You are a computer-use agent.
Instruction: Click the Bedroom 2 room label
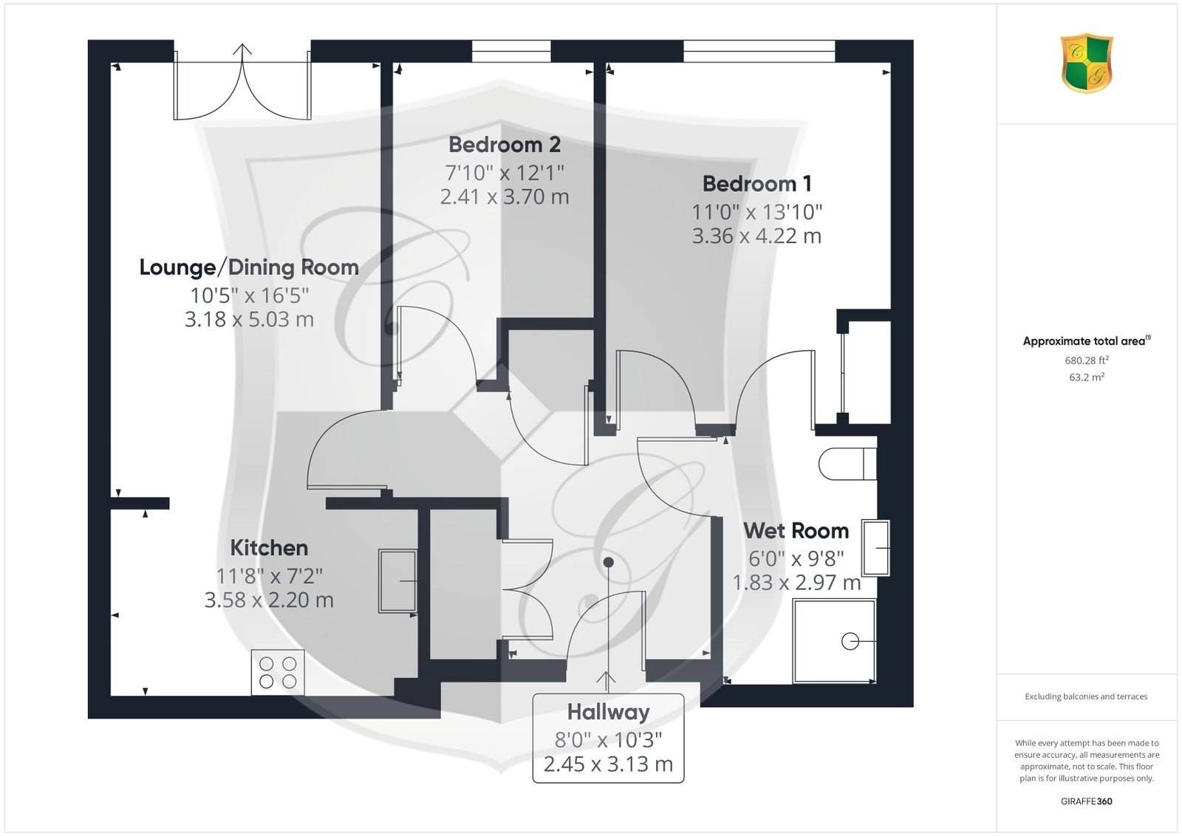[505, 145]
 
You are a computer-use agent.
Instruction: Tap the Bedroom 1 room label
[756, 184]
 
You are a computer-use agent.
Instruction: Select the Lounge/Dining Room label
[249, 267]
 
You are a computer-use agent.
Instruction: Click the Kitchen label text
[269, 548]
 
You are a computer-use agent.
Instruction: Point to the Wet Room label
[796, 530]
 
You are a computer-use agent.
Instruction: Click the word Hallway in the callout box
[609, 713]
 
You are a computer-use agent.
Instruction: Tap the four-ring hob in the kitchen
[278, 672]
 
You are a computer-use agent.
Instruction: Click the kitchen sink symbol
[398, 580]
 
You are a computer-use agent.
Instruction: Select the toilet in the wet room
[847, 464]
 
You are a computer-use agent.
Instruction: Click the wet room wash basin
[875, 548]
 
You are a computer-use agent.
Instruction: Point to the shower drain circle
[850, 641]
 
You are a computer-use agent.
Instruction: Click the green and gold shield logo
[1087, 64]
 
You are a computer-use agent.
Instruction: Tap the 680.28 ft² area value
[1087, 360]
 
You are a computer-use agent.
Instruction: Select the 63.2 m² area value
[1087, 377]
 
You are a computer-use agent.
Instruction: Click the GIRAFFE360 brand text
[1087, 801]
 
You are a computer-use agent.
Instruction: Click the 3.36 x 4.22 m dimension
[756, 236]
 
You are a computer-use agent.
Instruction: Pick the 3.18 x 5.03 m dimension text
[249, 319]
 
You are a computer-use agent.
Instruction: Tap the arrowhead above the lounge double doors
[243, 49]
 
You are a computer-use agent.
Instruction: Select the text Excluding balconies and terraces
[1086, 696]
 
